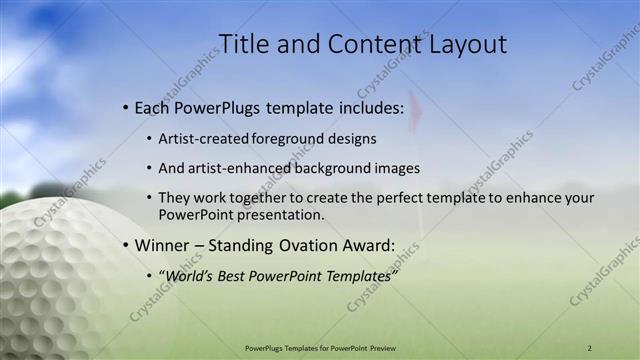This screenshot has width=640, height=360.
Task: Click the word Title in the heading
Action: coord(245,44)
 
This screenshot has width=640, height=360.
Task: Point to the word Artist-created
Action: coord(204,140)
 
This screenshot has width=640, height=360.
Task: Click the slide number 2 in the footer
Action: coord(589,348)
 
